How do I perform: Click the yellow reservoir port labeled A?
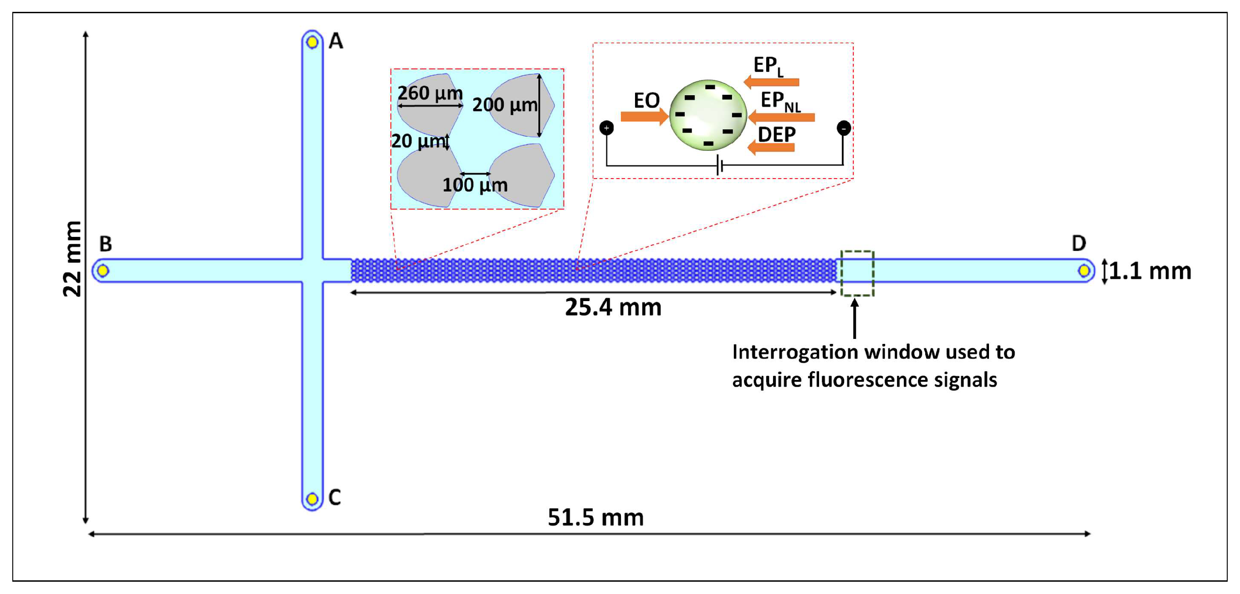[312, 42]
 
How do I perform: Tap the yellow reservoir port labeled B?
[102, 271]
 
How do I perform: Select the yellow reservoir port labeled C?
[312, 499]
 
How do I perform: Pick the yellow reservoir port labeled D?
[1084, 271]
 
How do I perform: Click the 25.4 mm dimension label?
[613, 307]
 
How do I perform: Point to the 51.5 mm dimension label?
[595, 517]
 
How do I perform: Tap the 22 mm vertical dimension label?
[72, 259]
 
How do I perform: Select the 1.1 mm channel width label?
[1149, 271]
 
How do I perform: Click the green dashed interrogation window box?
[857, 273]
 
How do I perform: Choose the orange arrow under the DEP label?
[771, 147]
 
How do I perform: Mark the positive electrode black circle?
[606, 128]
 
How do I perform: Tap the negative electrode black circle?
[843, 128]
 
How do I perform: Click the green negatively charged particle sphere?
[708, 115]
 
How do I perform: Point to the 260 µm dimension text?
[430, 93]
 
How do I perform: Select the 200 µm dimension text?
[504, 104]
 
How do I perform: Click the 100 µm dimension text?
[475, 185]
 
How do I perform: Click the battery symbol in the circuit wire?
[719, 165]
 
